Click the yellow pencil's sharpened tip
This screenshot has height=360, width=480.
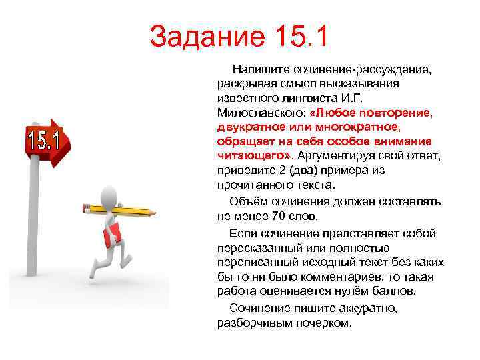tap(153, 213)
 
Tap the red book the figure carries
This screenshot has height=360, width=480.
tap(111, 235)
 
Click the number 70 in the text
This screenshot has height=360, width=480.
tap(279, 215)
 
